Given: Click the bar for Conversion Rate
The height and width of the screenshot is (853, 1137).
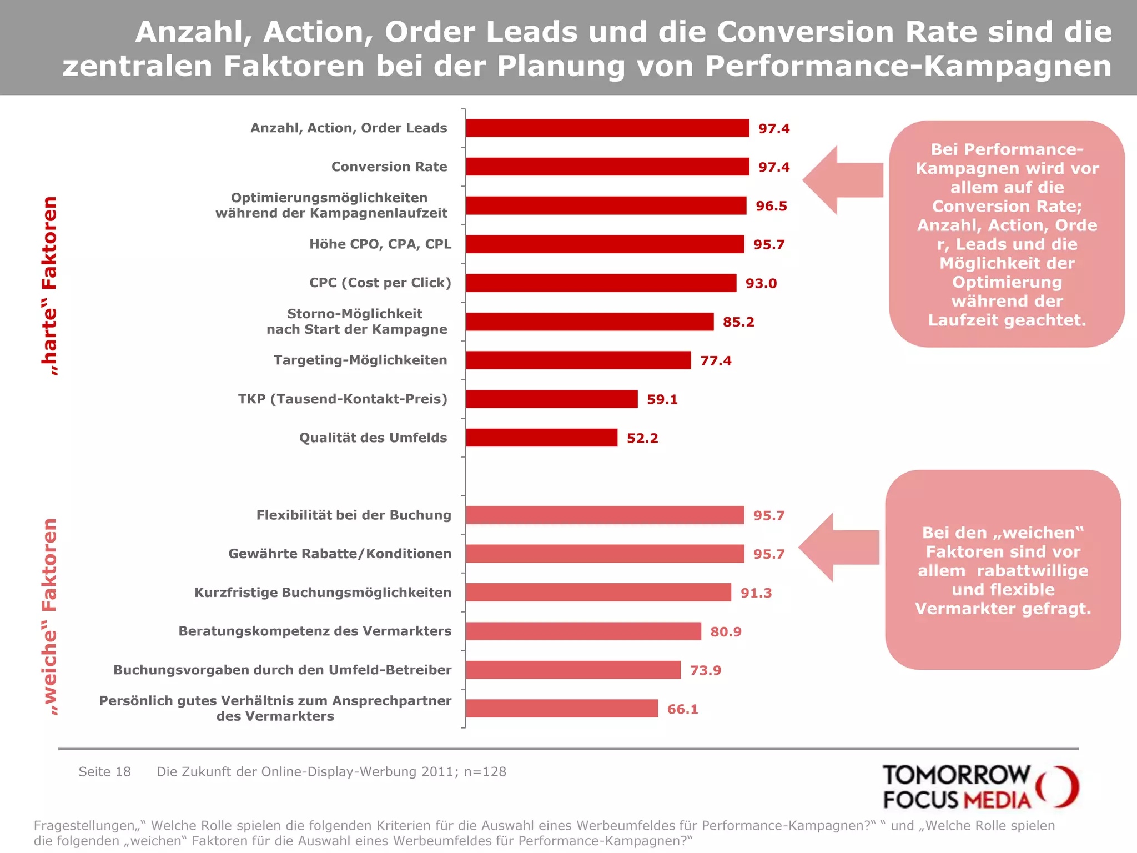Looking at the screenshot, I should [x=607, y=167].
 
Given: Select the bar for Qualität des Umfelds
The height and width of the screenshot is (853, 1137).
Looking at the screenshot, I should [x=541, y=438].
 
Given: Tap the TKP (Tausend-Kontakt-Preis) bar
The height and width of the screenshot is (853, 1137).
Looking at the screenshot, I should [x=551, y=399].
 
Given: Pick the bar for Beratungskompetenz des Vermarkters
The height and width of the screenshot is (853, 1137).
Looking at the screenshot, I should [x=583, y=631].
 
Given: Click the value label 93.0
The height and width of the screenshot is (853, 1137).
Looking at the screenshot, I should [x=761, y=283].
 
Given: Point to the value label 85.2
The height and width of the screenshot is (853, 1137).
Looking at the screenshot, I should [x=738, y=322].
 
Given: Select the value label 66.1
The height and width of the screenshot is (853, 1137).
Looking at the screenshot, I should [x=682, y=709].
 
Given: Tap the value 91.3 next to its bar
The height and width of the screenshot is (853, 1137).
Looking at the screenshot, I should [x=756, y=593].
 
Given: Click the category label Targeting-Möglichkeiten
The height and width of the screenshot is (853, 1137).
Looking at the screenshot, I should [x=360, y=360].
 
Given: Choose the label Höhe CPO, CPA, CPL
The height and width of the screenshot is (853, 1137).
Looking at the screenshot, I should [x=380, y=244].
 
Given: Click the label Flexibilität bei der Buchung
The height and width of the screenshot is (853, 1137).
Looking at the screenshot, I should [x=354, y=515].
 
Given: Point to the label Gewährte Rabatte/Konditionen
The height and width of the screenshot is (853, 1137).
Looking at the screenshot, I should [x=340, y=554].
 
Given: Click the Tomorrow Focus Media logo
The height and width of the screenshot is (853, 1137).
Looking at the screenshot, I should [x=980, y=787].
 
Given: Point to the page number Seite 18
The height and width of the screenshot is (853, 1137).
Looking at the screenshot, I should [x=104, y=772].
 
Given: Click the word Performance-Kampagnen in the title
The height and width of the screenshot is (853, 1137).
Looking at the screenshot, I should [x=908, y=66].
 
